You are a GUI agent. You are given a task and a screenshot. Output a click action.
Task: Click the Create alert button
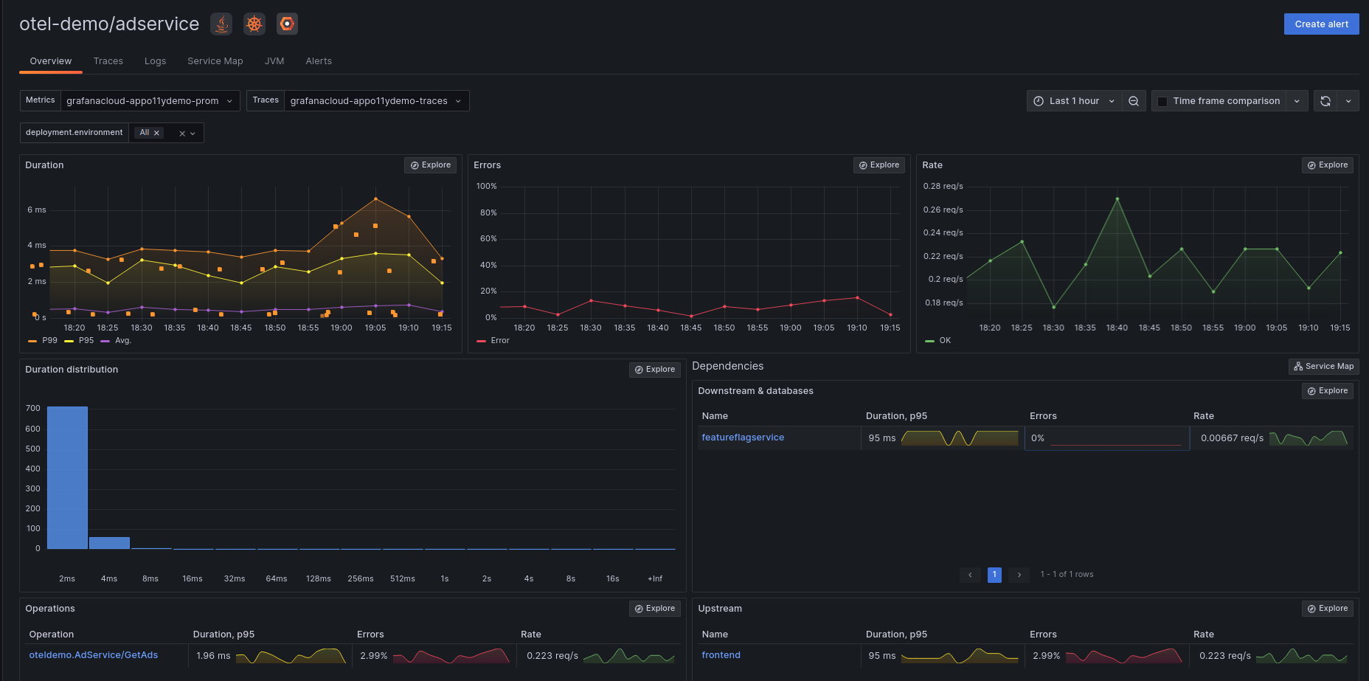coord(1321,24)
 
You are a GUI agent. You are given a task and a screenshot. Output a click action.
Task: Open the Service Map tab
coord(215,61)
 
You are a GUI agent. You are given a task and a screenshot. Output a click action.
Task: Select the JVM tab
coord(274,61)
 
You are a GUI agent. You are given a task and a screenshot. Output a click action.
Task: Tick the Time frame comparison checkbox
coord(1162,102)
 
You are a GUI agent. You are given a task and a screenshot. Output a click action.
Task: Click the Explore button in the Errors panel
coord(878,165)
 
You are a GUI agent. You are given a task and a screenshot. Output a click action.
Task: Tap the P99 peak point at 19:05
coord(375,199)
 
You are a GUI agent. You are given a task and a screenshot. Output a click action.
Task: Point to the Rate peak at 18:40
coord(1117,199)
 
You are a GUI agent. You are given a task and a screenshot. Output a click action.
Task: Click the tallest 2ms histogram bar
coord(67,477)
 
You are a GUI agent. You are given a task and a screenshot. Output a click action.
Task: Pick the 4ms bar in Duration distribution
coord(109,543)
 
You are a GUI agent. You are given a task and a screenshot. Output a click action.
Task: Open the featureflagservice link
coord(743,438)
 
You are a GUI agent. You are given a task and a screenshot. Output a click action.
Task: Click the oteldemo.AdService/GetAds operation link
coord(94,655)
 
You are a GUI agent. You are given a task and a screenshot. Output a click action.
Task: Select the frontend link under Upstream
coord(721,655)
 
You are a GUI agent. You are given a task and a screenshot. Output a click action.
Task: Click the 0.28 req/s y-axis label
coord(943,187)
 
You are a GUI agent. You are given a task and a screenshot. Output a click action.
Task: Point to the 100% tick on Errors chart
coord(487,187)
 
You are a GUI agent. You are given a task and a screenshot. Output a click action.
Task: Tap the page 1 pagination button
coord(994,575)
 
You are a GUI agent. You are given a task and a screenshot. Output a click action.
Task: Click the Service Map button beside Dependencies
coord(1323,367)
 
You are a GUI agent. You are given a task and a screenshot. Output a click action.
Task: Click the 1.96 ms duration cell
coord(213,656)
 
